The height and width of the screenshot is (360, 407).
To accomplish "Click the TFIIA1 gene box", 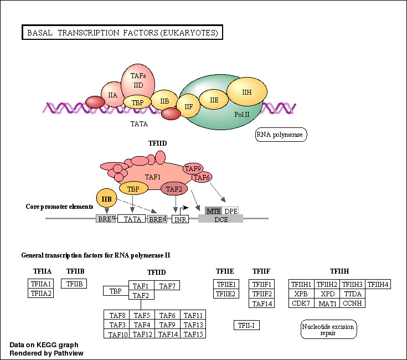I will coord(40,284).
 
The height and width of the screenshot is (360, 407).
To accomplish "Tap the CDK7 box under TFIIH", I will coord(301,303).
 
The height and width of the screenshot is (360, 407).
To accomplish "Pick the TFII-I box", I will coord(246,325).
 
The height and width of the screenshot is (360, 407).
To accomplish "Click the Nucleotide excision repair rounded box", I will coord(329,329).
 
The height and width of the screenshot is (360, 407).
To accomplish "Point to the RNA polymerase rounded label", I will coord(281,135).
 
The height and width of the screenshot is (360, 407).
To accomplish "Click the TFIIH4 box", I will coord(378,285).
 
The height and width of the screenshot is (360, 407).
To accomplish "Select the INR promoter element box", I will coord(181,219).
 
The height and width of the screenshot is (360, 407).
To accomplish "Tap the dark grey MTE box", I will coord(213,211).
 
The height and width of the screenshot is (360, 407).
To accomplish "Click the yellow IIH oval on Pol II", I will coord(247,92).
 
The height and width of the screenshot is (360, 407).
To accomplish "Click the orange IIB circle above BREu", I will coord(107,198).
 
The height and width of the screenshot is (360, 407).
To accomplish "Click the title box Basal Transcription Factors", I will coord(122,33).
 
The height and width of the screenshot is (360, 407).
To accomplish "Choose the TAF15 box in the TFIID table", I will coord(194,334).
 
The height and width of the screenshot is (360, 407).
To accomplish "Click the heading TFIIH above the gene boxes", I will coord(339,271).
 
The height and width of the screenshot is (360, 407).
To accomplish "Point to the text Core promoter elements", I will coord(60,207).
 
